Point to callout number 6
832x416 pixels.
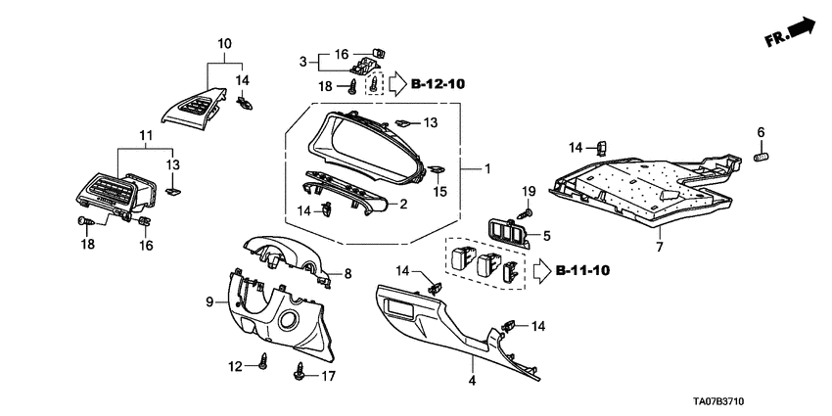[x=760, y=132]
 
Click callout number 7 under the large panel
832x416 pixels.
[x=658, y=247]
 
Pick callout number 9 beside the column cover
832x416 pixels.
[x=208, y=302]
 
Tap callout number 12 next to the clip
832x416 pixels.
[x=235, y=366]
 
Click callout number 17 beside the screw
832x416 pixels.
[x=328, y=375]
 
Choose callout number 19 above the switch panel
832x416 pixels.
[x=529, y=190]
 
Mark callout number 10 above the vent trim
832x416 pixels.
[x=224, y=43]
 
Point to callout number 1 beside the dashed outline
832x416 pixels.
[x=486, y=169]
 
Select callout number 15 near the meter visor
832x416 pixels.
[x=439, y=192]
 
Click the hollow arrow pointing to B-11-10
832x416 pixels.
[x=541, y=268]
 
